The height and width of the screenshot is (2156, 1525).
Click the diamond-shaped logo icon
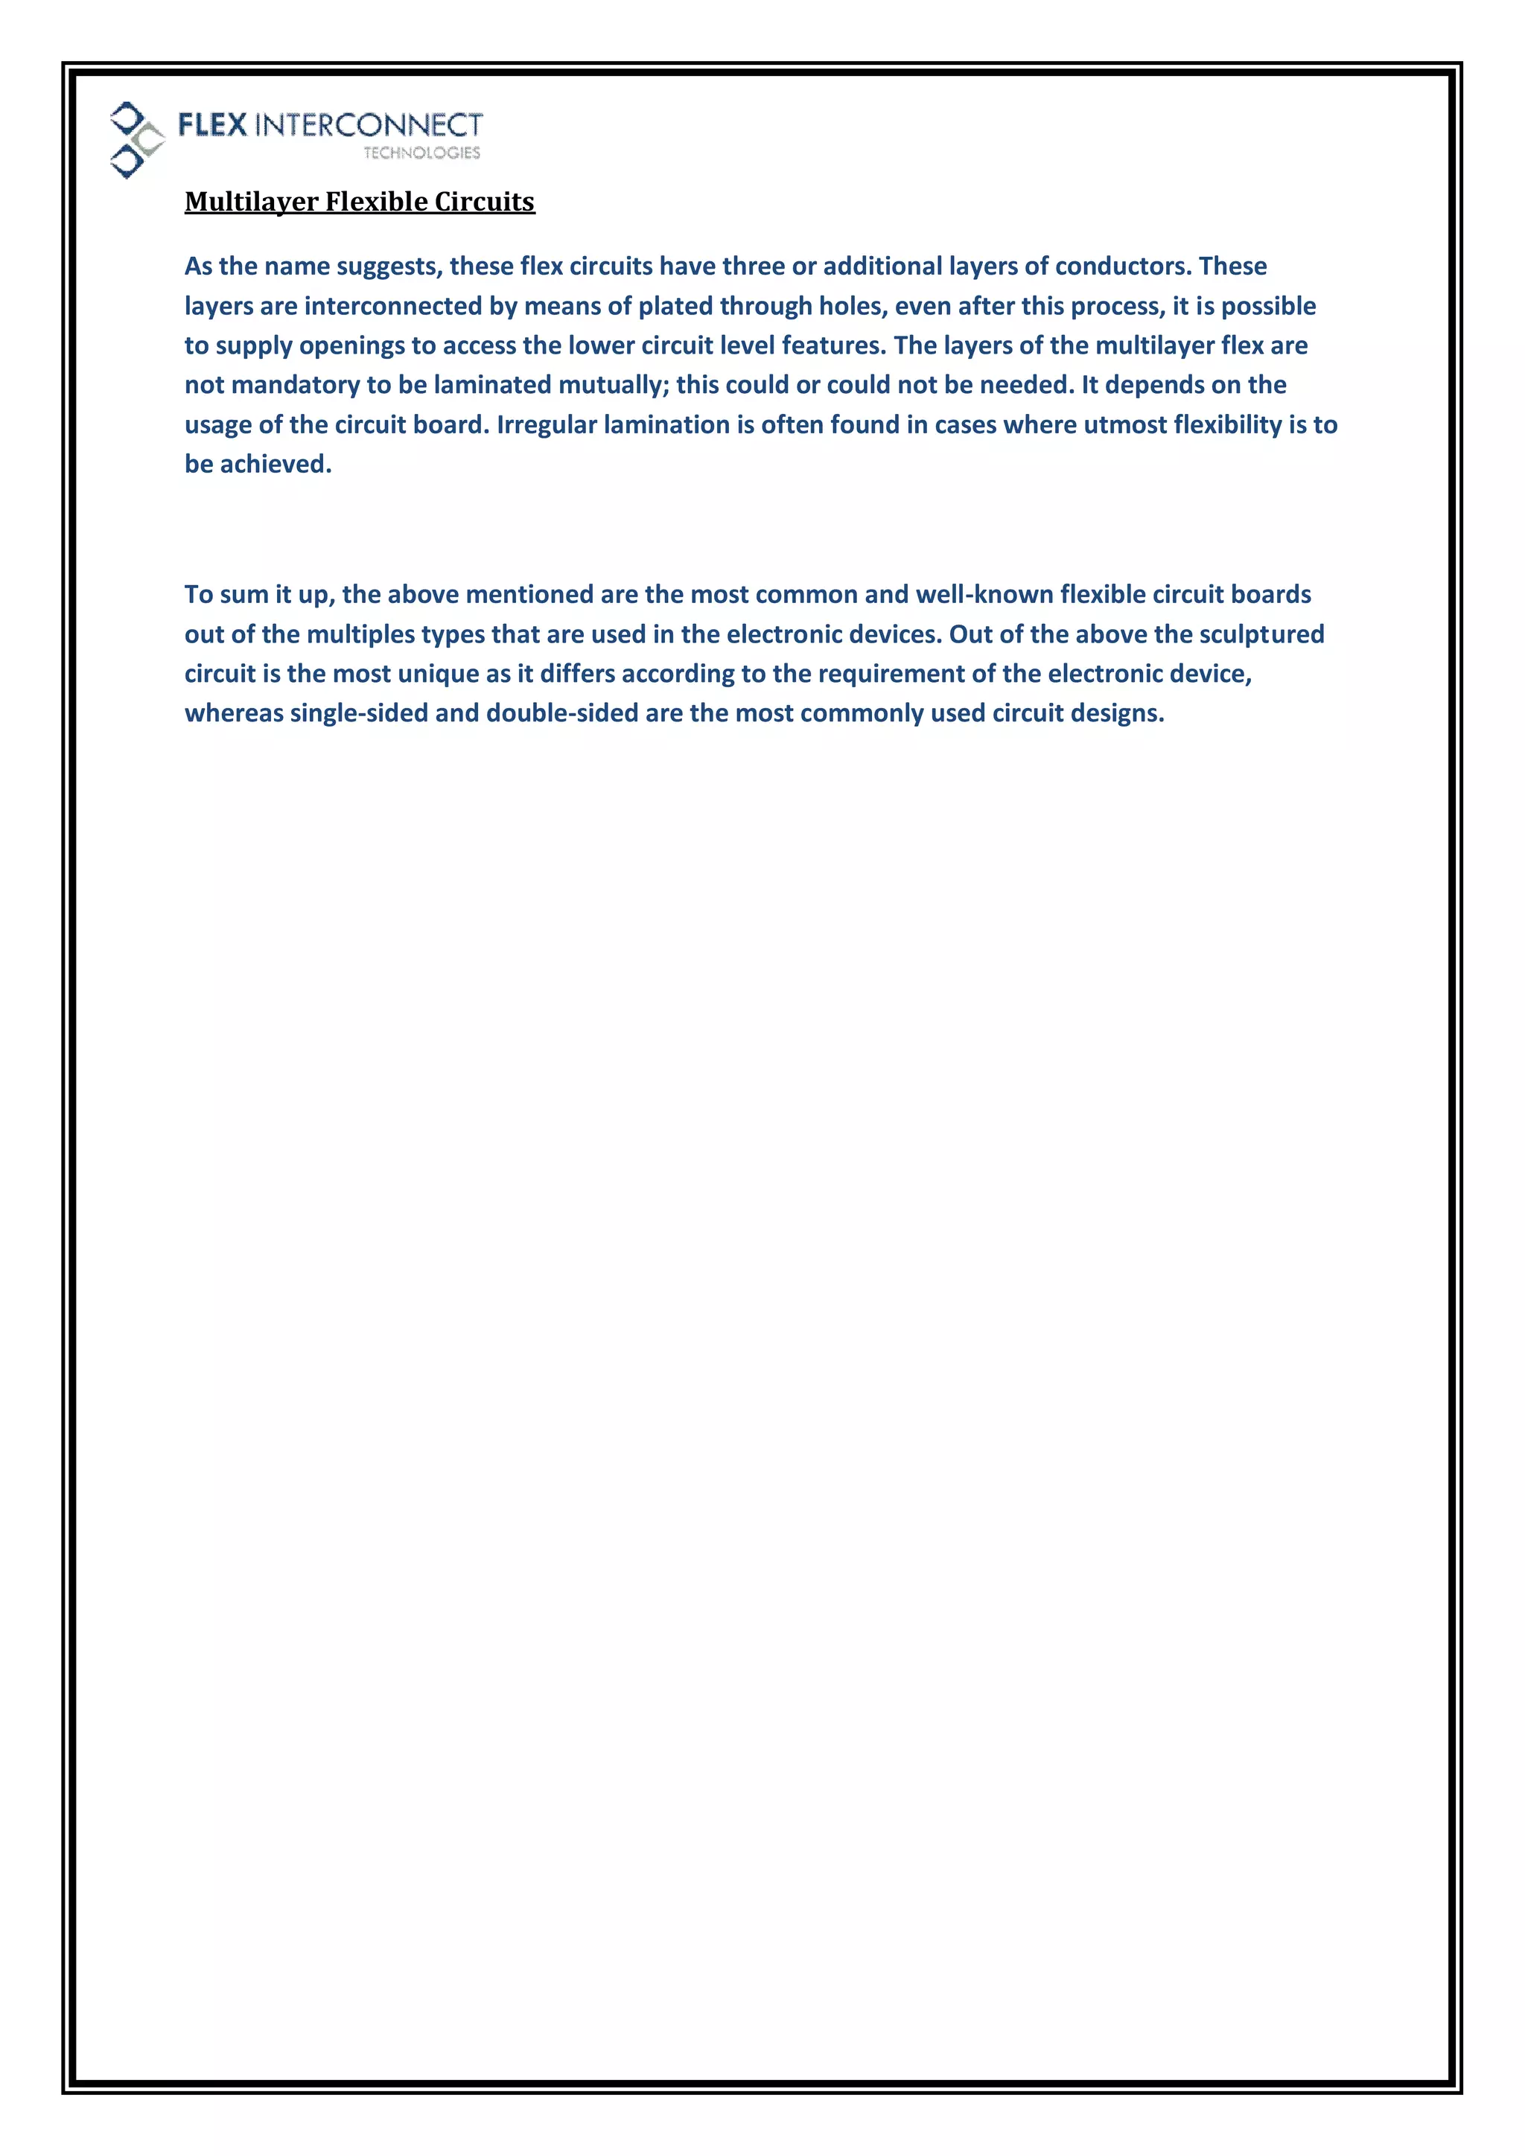coord(136,140)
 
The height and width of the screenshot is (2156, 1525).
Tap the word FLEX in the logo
coord(212,125)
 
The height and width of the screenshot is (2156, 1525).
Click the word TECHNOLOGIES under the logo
coord(421,153)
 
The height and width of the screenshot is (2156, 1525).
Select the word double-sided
coord(561,714)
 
